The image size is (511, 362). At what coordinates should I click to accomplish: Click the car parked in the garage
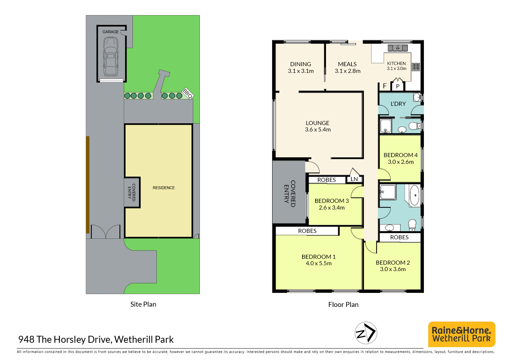point(111,57)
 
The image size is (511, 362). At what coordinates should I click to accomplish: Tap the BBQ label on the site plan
point(188,93)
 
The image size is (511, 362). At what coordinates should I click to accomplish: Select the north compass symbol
point(366,333)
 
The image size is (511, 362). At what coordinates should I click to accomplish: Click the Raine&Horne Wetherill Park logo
point(461,334)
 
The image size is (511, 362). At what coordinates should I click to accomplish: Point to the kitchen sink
point(397,48)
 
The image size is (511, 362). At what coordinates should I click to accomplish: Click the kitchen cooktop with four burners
point(416,67)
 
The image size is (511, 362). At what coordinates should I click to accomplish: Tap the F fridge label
point(385,86)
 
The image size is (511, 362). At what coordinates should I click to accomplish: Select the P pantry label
point(398,87)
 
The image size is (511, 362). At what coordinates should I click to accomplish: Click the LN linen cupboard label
point(354,179)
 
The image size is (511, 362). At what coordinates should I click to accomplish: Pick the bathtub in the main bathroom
point(414,195)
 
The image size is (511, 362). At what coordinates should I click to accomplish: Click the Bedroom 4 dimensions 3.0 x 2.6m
point(401,162)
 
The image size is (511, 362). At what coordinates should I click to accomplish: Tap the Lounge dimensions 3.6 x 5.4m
point(318,129)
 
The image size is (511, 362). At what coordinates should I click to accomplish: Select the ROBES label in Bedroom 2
point(399,237)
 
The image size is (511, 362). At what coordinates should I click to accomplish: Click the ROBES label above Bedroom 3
point(327,180)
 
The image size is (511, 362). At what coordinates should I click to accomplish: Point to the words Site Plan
point(143,304)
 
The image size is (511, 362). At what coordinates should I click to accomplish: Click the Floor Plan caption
point(343,305)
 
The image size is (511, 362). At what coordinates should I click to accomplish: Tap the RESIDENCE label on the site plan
point(164,188)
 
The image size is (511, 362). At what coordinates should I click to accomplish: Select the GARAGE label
point(111,32)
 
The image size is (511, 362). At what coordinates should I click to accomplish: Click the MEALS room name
point(347,64)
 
